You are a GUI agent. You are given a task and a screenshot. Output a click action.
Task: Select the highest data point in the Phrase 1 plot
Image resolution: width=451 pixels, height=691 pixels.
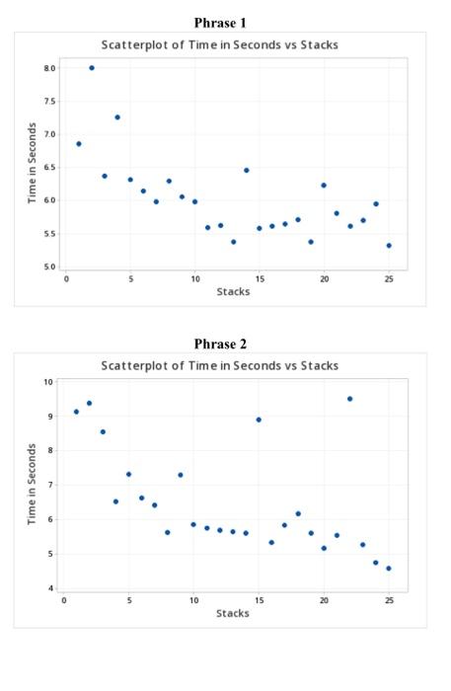point(92,68)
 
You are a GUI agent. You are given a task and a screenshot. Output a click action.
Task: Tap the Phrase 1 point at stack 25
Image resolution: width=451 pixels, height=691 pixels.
point(389,246)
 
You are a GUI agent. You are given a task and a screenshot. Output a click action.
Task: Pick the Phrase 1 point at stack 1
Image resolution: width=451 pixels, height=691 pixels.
point(79,144)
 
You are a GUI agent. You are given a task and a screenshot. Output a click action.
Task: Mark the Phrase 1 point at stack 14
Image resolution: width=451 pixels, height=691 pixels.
point(247,170)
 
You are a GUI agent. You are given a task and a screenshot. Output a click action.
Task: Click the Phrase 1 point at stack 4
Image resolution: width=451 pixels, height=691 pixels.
point(117,117)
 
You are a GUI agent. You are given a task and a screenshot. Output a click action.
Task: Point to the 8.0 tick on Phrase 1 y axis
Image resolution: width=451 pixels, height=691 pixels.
point(49,68)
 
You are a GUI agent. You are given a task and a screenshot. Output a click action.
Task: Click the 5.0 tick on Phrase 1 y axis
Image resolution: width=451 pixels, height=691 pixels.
point(49,267)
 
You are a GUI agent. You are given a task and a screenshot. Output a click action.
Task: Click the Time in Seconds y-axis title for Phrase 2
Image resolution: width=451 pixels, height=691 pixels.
point(33,484)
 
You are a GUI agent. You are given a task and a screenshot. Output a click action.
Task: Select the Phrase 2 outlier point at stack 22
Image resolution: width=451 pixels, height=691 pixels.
point(349,399)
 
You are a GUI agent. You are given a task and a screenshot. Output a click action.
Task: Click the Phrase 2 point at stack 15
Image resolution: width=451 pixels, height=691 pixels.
point(259,420)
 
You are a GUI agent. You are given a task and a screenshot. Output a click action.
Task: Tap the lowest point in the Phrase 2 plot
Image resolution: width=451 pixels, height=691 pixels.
point(389,569)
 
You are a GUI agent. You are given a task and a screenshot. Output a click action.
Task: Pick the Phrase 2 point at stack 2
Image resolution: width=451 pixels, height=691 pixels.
point(89,403)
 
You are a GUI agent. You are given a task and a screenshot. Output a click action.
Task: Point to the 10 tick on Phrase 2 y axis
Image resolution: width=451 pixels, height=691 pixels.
point(48,382)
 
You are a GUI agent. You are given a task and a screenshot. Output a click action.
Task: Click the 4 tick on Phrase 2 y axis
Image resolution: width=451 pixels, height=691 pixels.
point(49,589)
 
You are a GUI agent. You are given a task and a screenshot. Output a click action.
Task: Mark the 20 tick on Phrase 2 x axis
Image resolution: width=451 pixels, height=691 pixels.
point(324,599)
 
